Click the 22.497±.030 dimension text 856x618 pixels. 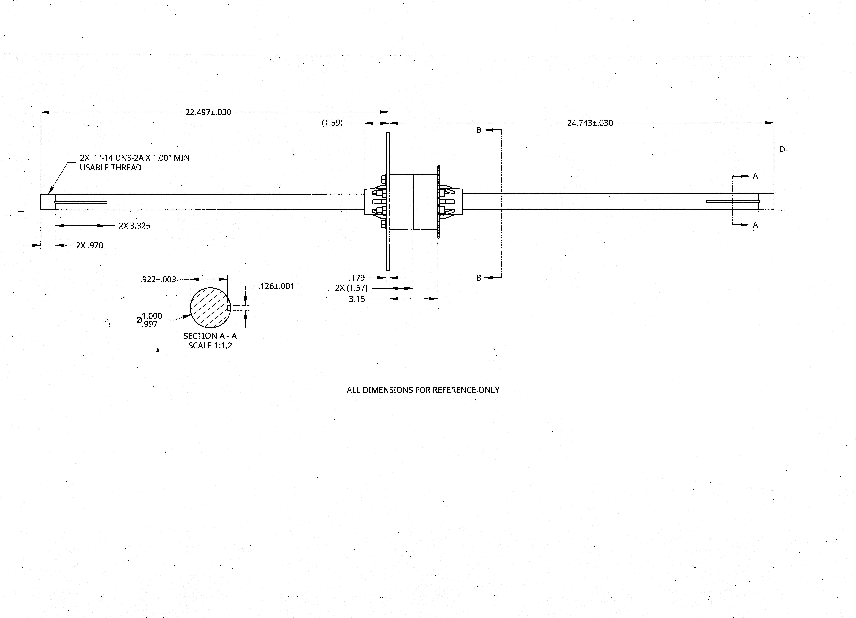pyautogui.click(x=208, y=112)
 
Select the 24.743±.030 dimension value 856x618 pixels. pyautogui.click(x=590, y=123)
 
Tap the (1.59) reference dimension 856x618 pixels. pyautogui.click(x=332, y=123)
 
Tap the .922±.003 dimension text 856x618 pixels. pyautogui.click(x=158, y=280)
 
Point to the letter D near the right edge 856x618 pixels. pyautogui.click(x=782, y=149)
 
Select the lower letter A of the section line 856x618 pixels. pyautogui.click(x=755, y=225)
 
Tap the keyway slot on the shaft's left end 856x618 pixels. pyautogui.click(x=81, y=202)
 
